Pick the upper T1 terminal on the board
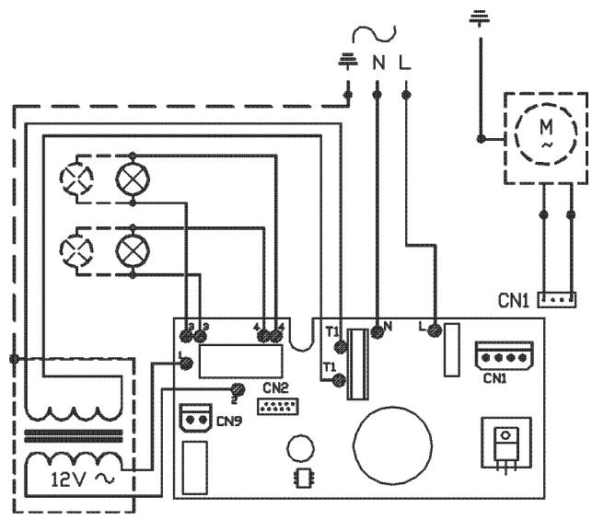click(x=342, y=346)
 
